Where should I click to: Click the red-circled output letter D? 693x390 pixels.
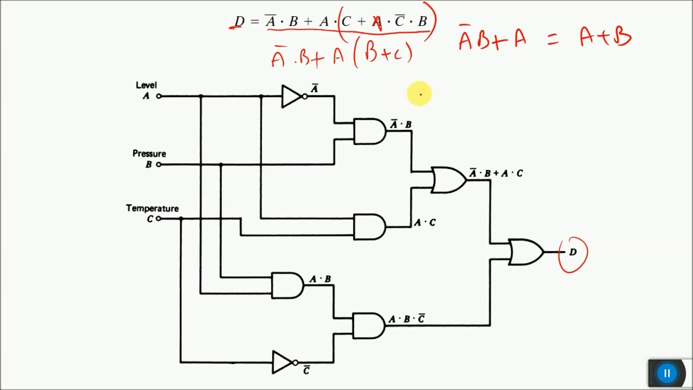point(573,252)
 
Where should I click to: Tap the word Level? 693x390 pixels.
point(146,85)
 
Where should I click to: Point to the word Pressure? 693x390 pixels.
point(149,154)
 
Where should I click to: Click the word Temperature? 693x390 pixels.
point(152,209)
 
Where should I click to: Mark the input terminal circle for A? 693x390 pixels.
point(159,96)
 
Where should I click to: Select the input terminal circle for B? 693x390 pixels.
point(159,165)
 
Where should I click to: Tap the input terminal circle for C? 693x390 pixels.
point(159,219)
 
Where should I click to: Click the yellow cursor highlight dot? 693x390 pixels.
point(420,94)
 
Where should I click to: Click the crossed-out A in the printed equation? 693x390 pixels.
point(377,22)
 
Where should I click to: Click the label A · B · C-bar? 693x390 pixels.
point(407,319)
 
